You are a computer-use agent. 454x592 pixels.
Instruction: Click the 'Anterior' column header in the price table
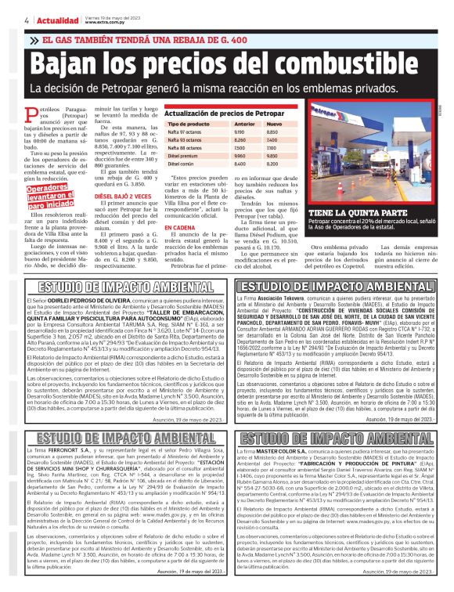tap(245, 125)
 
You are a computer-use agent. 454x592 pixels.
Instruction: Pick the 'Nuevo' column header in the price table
tap(275, 125)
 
